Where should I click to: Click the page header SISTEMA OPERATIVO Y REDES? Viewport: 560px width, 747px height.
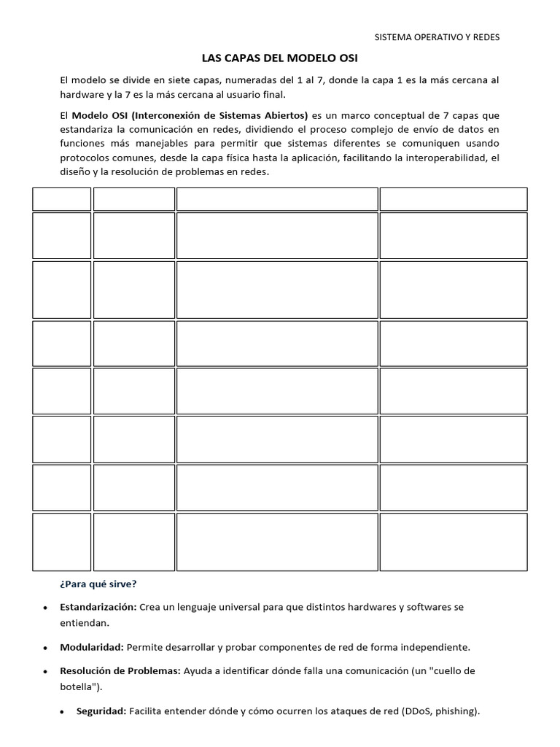(437, 37)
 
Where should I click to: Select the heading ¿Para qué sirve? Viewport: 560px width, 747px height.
(97, 584)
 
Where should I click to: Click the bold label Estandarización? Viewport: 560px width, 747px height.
(98, 607)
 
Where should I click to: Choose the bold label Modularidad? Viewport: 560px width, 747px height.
(92, 647)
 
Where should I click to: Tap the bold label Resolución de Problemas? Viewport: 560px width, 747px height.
(120, 670)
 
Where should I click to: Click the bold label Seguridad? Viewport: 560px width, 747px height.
(101, 711)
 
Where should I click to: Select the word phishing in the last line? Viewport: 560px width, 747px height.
(456, 711)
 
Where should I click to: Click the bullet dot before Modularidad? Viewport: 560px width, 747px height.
(46, 648)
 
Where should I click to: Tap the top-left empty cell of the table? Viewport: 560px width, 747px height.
(61, 199)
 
